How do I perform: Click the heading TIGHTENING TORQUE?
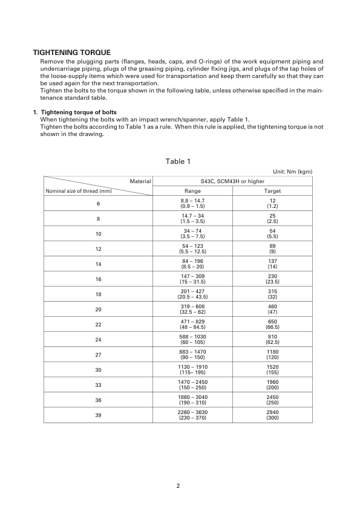[x=71, y=53]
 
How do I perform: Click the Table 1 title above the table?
[x=178, y=161]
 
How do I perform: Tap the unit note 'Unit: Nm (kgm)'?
[x=293, y=172]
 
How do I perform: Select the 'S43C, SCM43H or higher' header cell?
[x=232, y=181]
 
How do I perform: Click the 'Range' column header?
[x=192, y=191]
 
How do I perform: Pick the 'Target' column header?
[x=272, y=191]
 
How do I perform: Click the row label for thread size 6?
[x=98, y=203]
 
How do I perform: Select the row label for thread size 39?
[x=98, y=415]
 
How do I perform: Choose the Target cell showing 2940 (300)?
[x=272, y=415]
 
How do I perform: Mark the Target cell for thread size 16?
[x=272, y=279]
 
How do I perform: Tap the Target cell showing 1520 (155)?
[x=272, y=369]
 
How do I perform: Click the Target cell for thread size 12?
[x=272, y=248]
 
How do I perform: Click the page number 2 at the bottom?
[x=178, y=485]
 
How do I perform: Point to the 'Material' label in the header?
[x=140, y=181]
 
